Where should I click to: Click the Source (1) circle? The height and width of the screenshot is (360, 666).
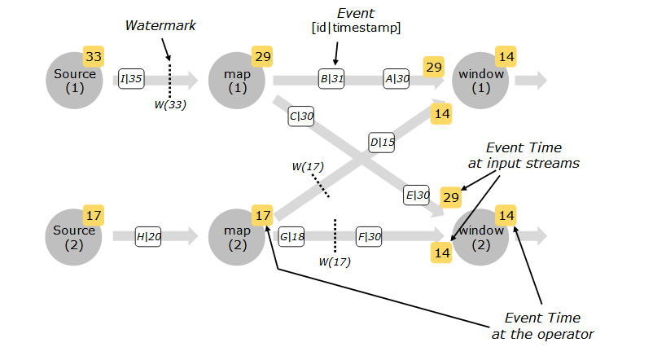pos(74,80)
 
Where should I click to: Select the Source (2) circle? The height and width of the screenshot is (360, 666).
pos(74,236)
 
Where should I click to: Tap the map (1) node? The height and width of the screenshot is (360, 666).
pos(237,80)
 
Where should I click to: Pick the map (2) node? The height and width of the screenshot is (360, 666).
pos(237,236)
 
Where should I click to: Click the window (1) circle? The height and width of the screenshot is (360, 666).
pos(481,80)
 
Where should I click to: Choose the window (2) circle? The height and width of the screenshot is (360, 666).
pos(481,236)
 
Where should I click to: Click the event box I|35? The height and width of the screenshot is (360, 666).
pos(131,79)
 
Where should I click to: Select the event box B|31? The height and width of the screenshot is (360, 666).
pos(331,79)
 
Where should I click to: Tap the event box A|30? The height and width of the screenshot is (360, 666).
pos(397,79)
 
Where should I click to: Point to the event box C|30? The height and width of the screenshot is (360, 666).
pos(302,116)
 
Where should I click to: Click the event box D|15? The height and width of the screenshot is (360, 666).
pos(382,143)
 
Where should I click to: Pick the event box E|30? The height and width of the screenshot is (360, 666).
pos(417,195)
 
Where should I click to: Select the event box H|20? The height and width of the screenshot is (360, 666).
pos(149,237)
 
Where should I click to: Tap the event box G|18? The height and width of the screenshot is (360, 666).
pos(291,237)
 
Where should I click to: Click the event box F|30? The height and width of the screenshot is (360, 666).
pos(369,237)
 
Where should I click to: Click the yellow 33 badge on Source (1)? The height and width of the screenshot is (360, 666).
pos(94,57)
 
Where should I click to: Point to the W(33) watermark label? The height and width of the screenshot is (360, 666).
pos(171,103)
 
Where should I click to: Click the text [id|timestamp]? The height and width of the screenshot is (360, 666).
pos(356,28)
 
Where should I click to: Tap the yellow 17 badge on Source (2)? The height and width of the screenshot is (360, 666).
pos(94,215)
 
